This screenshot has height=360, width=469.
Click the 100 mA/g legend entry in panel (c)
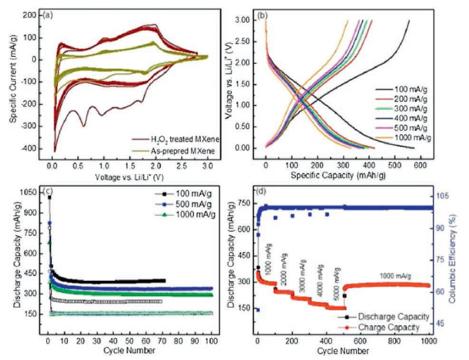[187, 194]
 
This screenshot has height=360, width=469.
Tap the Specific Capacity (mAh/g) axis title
[336, 168]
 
